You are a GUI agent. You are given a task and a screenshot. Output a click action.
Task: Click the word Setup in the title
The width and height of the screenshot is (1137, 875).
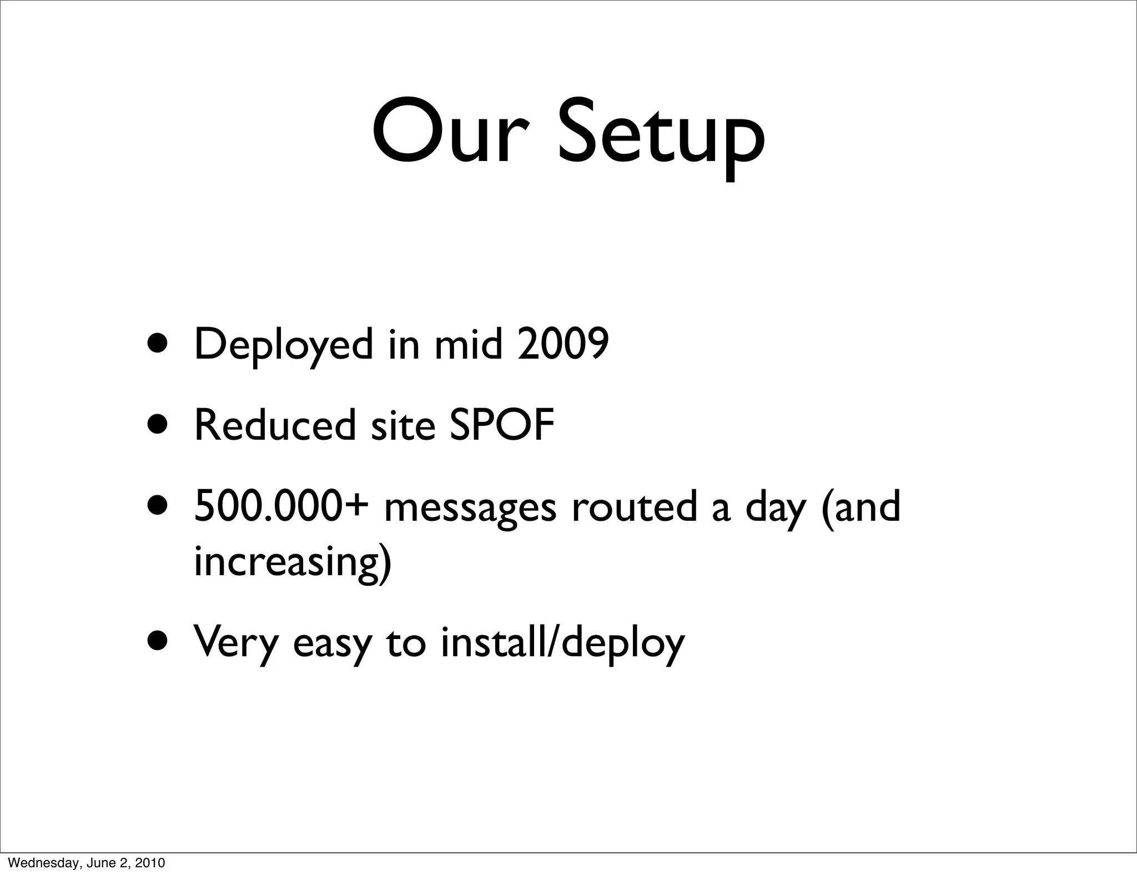(x=661, y=136)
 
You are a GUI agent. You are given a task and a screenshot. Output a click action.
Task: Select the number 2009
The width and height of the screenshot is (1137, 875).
(x=563, y=344)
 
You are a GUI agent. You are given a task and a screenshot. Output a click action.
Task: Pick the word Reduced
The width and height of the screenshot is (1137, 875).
(x=274, y=425)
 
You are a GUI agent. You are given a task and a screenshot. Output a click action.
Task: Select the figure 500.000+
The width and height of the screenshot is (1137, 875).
(x=281, y=506)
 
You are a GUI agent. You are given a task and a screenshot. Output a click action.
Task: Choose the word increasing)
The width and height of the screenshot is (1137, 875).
(x=293, y=562)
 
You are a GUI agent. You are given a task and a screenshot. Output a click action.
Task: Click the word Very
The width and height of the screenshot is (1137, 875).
(x=236, y=643)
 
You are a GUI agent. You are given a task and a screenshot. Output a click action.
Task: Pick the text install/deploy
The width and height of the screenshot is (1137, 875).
(x=563, y=643)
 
